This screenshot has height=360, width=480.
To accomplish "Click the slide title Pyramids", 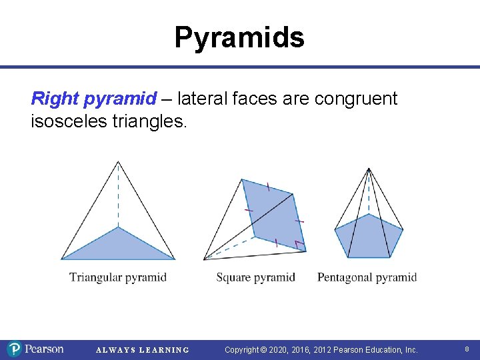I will [x=239, y=37].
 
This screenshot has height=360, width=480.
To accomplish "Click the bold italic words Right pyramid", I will [x=93, y=99].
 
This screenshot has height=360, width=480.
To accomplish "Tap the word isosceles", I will [x=71, y=121].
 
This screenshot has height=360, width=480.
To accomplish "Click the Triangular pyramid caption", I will [x=118, y=277].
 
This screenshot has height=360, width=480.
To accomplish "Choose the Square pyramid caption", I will [x=255, y=277].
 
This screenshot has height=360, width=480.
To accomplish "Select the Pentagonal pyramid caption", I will [x=367, y=277].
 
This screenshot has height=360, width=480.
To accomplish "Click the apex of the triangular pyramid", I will [x=118, y=161].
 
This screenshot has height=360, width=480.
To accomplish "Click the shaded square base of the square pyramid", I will [x=273, y=213].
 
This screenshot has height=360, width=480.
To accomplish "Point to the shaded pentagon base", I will [x=369, y=237].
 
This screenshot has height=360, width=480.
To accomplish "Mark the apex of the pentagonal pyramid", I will [x=369, y=169].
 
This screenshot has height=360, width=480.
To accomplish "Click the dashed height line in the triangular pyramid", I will [x=118, y=197].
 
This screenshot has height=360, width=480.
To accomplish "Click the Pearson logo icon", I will [x=15, y=349].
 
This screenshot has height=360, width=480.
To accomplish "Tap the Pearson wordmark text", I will [x=44, y=349].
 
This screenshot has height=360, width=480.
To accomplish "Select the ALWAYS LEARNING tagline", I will [x=143, y=350].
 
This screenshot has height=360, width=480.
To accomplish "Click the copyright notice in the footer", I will [x=321, y=349].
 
